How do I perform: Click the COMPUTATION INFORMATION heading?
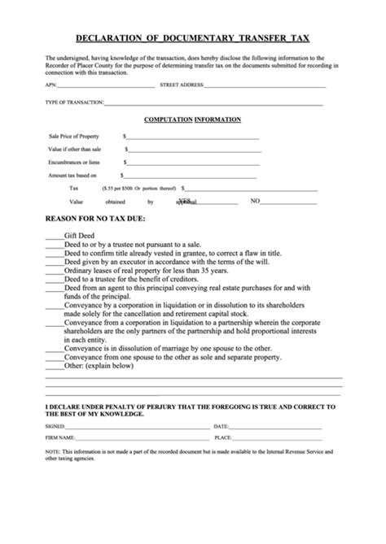(x=192, y=120)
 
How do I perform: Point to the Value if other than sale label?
(x=74, y=150)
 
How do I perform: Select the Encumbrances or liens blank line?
(x=192, y=163)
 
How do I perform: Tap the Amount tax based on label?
(x=72, y=176)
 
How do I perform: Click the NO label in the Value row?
(x=255, y=201)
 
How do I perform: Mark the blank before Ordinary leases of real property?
(x=54, y=272)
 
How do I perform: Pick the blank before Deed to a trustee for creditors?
(x=54, y=280)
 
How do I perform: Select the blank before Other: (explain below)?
(x=54, y=366)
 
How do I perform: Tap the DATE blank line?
(x=277, y=426)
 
